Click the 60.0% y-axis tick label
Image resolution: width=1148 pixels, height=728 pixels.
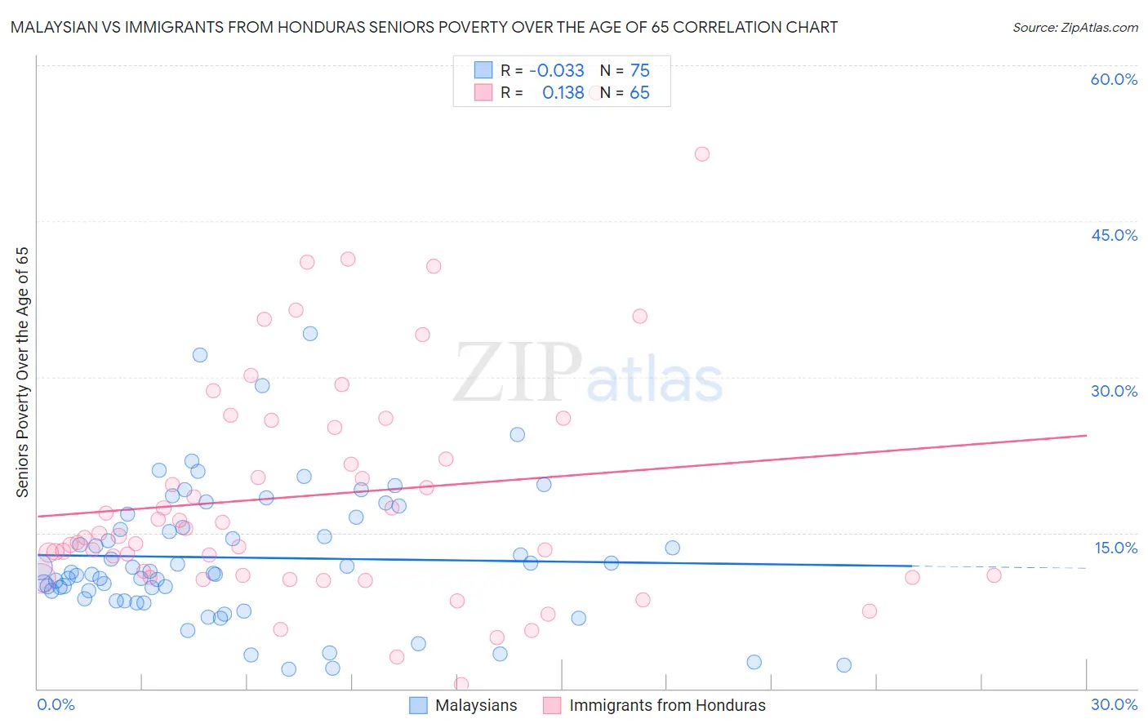point(1114,79)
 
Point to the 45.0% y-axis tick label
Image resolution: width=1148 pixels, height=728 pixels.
point(1114,235)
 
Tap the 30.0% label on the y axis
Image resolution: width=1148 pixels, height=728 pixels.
point(1114,391)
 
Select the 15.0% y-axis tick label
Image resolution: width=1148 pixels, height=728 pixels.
point(1115,548)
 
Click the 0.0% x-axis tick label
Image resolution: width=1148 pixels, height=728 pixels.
point(56,704)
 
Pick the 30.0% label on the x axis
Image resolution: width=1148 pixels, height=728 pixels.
point(1114,704)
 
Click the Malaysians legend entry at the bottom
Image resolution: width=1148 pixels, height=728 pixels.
point(476,705)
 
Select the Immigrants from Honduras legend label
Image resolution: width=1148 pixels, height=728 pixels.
point(667,705)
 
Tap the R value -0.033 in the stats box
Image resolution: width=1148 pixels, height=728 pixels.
point(557,70)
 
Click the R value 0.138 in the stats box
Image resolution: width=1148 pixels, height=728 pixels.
point(563,93)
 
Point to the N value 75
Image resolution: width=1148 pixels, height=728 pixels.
point(639,70)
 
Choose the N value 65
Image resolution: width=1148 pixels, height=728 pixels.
point(639,93)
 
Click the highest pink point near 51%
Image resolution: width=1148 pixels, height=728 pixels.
point(701,153)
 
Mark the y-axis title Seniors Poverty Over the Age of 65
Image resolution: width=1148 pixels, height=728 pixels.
point(23,371)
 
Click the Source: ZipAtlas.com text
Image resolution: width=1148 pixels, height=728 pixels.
point(1075,27)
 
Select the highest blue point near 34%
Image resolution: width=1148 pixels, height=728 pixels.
point(310,333)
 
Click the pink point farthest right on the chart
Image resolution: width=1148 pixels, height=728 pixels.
point(994,575)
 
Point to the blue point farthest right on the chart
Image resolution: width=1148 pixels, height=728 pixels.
point(844,665)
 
